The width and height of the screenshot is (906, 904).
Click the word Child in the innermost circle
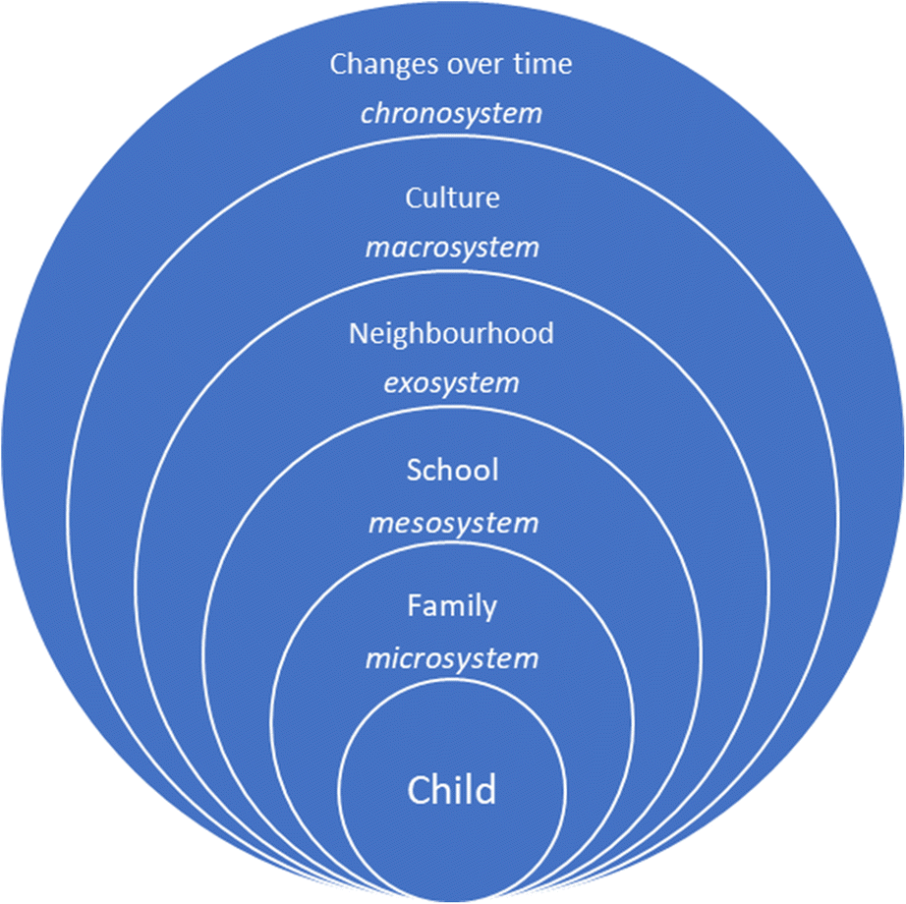click(452, 789)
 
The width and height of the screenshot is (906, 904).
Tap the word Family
click(452, 607)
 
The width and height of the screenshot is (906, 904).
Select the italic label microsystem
click(452, 658)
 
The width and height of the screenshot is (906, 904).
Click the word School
click(452, 471)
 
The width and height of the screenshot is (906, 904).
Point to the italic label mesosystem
click(453, 523)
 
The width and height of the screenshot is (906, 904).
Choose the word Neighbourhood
click(451, 333)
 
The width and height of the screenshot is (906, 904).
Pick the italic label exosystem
click(451, 382)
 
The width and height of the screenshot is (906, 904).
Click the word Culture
click(452, 198)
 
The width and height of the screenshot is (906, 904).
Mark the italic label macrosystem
click(452, 247)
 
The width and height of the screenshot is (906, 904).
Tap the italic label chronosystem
click(451, 113)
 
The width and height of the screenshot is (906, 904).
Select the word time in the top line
click(543, 65)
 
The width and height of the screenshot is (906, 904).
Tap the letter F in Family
click(414, 606)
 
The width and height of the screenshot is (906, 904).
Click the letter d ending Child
click(486, 788)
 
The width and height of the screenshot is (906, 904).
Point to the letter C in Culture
click(413, 198)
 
